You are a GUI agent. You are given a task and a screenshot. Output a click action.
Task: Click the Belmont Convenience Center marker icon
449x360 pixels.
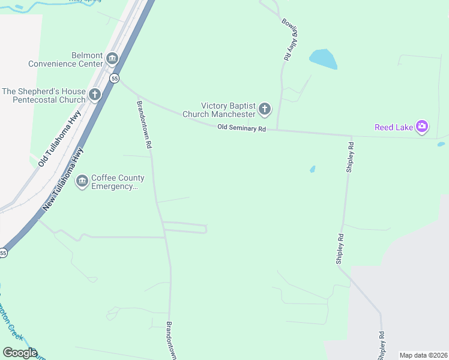112,59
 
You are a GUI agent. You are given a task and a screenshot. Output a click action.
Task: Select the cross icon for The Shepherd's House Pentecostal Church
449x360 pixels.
95,95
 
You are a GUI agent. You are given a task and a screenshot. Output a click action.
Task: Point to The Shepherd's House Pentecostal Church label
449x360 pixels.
44,95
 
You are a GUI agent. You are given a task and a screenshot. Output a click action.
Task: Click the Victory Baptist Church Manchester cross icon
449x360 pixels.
264,110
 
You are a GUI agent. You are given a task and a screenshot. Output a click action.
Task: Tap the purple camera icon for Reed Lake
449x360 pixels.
422,126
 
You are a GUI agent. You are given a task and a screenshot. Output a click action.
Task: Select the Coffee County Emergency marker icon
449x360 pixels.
82,180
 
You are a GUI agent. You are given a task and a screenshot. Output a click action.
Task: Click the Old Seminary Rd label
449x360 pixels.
241,128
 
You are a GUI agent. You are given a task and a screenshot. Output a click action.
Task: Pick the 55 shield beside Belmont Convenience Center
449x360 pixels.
114,78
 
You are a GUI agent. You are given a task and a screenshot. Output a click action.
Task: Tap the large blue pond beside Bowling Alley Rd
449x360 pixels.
322,58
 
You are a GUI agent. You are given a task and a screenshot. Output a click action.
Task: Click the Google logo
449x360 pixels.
20,353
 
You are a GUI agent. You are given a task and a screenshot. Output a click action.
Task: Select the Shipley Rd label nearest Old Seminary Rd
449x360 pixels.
350,158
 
